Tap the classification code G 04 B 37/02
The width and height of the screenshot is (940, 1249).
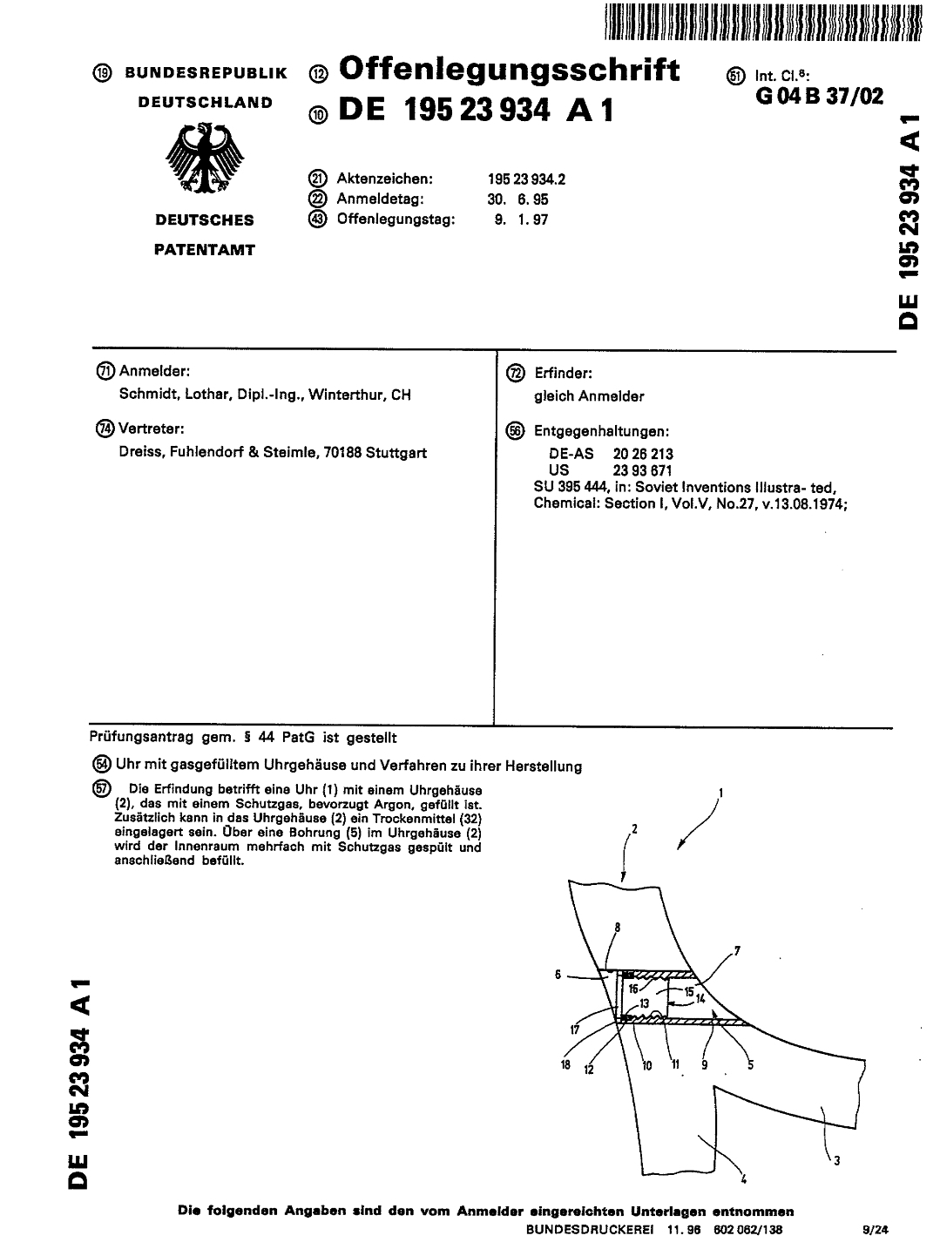[x=820, y=96]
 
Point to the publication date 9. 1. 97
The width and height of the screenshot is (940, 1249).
[x=521, y=219]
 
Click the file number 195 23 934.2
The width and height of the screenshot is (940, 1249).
[x=526, y=179]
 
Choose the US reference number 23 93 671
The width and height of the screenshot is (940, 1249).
[x=643, y=469]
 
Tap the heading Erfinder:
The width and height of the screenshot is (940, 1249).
[x=563, y=374]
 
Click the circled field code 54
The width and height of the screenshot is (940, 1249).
[x=102, y=766]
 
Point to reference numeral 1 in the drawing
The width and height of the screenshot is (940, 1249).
[x=720, y=793]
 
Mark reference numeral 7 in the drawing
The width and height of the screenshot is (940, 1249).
[x=737, y=950]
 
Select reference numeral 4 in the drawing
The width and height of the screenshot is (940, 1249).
[x=744, y=1181]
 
